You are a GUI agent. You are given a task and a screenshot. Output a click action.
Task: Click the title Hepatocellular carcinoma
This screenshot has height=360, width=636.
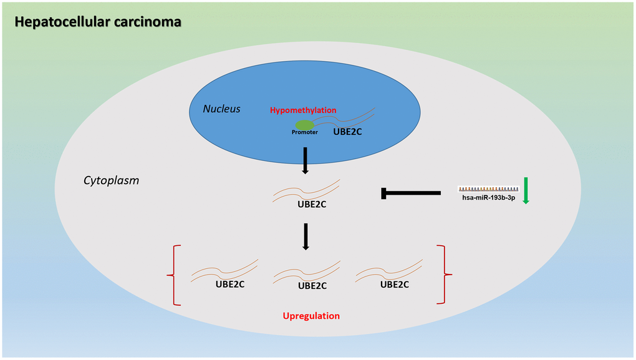click(x=98, y=22)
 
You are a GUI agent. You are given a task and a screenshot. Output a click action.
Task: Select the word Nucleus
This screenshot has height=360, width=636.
click(x=221, y=109)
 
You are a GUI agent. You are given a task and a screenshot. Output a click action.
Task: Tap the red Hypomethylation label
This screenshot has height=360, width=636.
click(x=303, y=110)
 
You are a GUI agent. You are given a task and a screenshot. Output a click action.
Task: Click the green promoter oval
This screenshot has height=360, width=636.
click(x=305, y=125)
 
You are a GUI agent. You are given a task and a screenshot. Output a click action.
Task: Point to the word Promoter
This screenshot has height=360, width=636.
click(x=305, y=132)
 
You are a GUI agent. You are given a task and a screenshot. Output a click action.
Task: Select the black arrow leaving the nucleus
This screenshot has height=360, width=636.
click(x=306, y=161)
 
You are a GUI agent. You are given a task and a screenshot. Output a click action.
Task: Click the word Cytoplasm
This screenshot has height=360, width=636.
click(x=111, y=180)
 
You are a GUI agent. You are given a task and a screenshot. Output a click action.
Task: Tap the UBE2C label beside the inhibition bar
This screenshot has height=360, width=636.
click(x=314, y=203)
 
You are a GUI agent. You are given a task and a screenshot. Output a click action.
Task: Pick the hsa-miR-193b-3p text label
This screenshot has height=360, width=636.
click(x=488, y=198)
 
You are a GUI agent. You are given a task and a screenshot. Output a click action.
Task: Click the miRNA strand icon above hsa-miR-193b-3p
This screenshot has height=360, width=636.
click(x=488, y=188)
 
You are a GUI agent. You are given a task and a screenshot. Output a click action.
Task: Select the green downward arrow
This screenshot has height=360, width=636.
click(x=526, y=191)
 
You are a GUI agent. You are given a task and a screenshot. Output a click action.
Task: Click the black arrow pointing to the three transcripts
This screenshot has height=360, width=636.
click(x=306, y=236)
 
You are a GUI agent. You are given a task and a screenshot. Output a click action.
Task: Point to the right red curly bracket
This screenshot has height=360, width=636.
click(x=445, y=274)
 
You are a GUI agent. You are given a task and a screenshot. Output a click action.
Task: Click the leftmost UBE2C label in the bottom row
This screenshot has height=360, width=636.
click(x=231, y=285)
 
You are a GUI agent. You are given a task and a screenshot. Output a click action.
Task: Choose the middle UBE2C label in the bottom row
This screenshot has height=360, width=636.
click(x=312, y=286)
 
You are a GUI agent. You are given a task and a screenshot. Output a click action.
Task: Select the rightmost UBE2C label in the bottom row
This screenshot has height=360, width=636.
click(x=394, y=285)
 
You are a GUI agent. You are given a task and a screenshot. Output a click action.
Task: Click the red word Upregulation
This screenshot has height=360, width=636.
click(x=311, y=316)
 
